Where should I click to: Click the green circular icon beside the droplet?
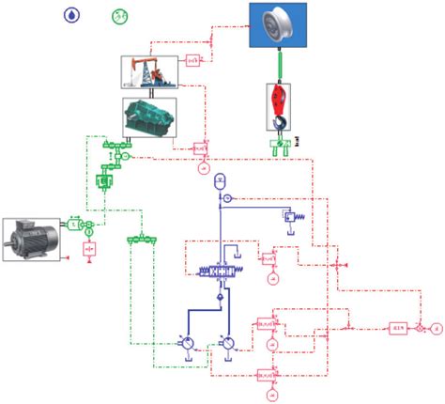[x=120, y=16]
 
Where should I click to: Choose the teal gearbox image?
[x=150, y=116]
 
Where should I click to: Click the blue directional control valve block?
[x=223, y=272]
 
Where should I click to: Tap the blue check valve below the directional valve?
[x=220, y=298]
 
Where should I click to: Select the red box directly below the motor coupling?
[x=90, y=249]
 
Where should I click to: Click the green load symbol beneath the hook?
[x=279, y=144]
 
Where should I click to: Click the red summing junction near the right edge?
[x=422, y=328]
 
